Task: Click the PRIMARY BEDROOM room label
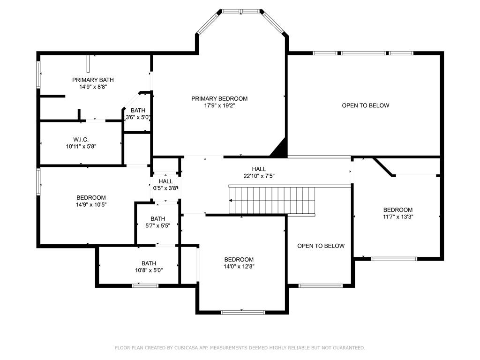(x=219, y=98)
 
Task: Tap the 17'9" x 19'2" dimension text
(x=219, y=105)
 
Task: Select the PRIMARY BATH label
(x=93, y=80)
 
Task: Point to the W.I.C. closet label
(x=81, y=140)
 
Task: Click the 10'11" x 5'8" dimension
(x=81, y=146)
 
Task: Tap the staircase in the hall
(x=272, y=200)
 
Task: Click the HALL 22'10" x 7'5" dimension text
(x=259, y=176)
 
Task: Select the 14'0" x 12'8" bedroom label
(x=239, y=266)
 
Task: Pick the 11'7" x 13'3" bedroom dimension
(x=398, y=217)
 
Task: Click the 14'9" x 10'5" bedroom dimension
(x=91, y=204)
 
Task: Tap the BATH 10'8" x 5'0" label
(x=149, y=267)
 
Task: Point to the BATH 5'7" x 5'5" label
(x=157, y=222)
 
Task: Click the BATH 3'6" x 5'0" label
(x=138, y=113)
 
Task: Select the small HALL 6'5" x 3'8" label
(x=165, y=185)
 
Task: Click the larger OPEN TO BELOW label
(x=366, y=105)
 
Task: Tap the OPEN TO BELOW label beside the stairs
(x=321, y=246)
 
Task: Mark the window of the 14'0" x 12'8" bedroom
(x=243, y=312)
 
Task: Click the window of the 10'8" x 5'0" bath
(x=145, y=285)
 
